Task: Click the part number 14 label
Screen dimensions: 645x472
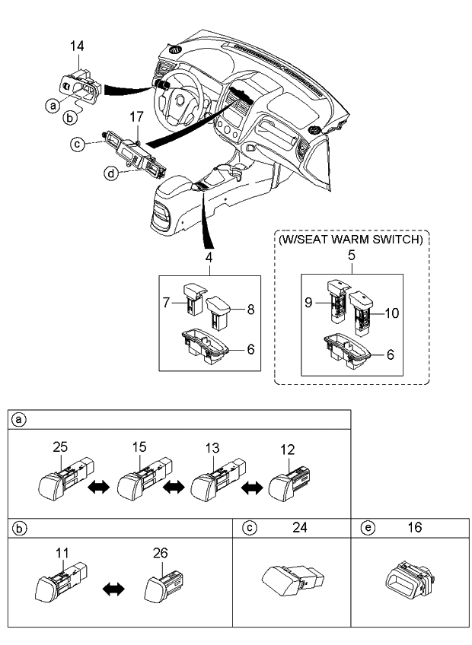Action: pyautogui.click(x=78, y=48)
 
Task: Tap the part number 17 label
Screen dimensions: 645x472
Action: pyautogui.click(x=136, y=118)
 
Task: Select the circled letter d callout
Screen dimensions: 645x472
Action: pyautogui.click(x=111, y=175)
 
